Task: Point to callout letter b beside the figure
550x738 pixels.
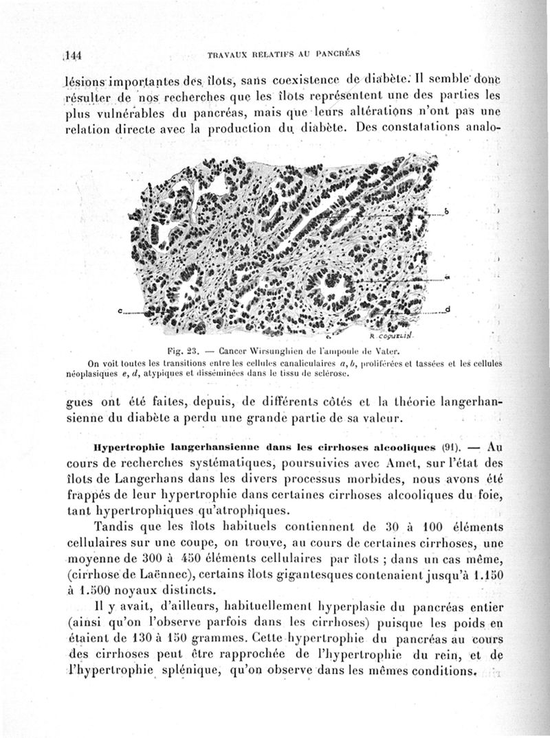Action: point(446,211)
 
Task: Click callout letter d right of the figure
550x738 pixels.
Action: point(448,309)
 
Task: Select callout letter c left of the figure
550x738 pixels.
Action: point(120,312)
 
